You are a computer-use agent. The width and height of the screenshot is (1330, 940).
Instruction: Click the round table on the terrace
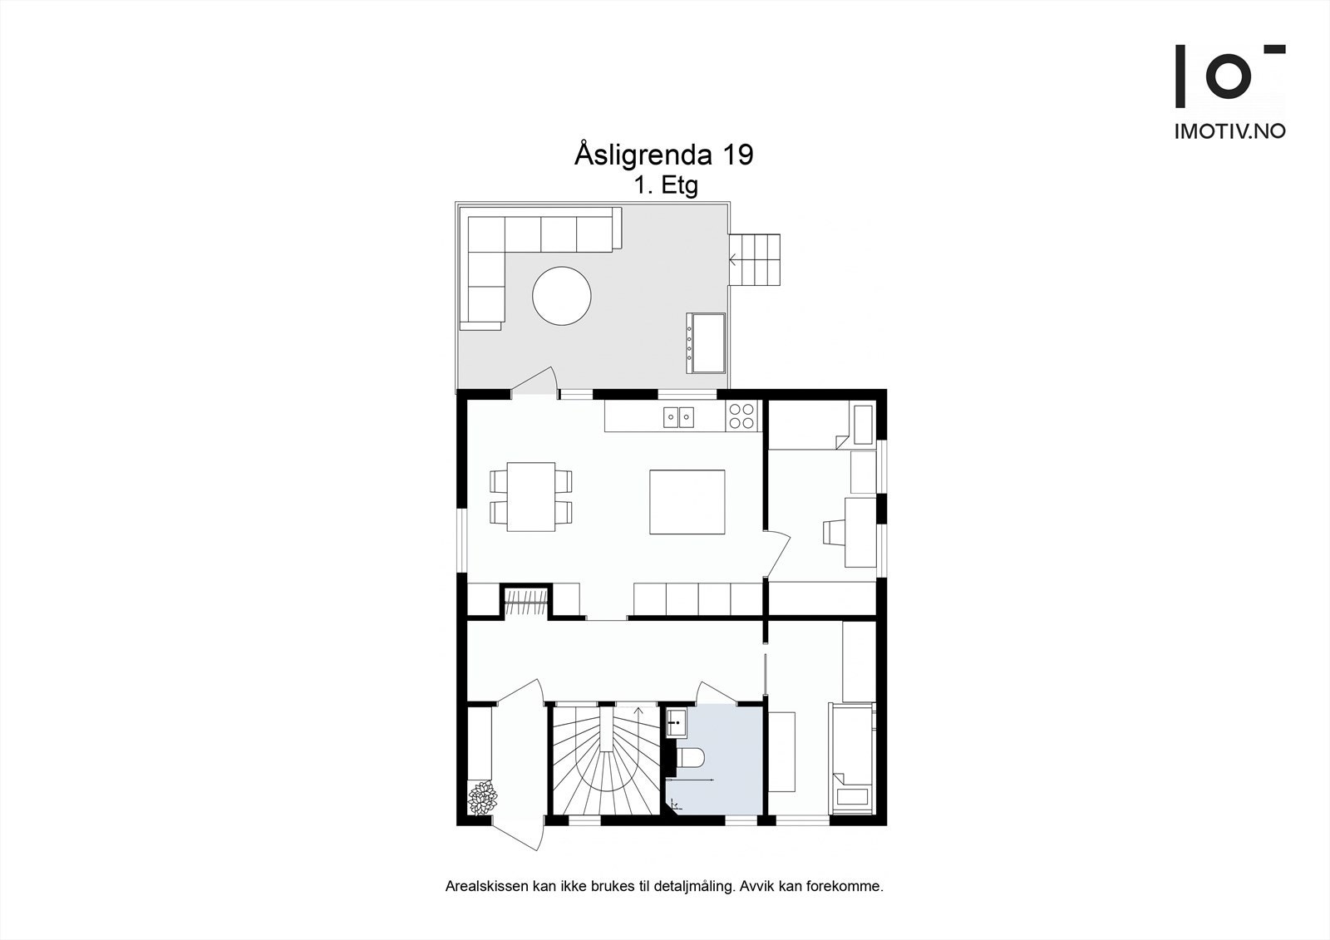point(562,296)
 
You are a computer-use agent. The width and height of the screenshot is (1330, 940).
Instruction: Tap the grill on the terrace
point(706,342)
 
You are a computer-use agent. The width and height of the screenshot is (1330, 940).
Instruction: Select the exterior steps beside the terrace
point(756,258)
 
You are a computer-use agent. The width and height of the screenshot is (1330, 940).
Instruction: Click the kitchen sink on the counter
point(678,416)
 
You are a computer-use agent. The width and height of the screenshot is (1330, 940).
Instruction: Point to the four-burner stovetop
point(741,416)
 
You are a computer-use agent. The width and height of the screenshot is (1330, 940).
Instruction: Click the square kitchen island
point(687,502)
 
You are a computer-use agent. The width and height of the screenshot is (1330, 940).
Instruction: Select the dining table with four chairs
point(531,496)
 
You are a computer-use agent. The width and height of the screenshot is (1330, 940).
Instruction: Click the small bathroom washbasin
point(676,724)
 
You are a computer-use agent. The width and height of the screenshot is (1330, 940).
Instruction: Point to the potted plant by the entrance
point(482,799)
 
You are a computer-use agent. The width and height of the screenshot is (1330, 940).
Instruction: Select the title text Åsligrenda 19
point(663,155)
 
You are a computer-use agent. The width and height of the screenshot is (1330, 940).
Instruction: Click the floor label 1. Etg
point(666,185)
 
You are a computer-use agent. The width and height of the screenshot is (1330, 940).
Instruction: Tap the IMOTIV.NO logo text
point(1229,131)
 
